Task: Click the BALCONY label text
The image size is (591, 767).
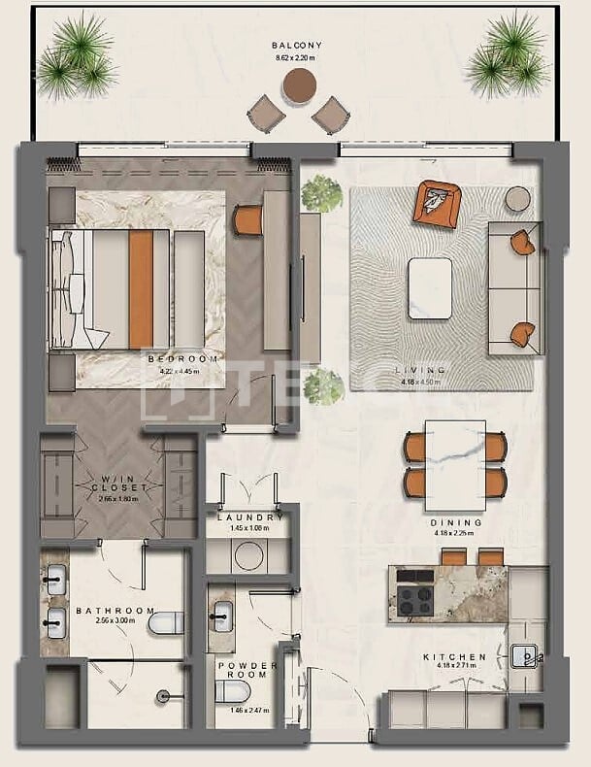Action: pyautogui.click(x=296, y=46)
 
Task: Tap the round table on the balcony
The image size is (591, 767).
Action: pyautogui.click(x=296, y=86)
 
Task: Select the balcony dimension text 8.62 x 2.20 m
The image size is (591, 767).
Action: pyautogui.click(x=296, y=58)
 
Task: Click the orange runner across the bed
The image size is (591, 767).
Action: pyautogui.click(x=141, y=288)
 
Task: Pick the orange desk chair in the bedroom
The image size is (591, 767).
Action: pyautogui.click(x=248, y=219)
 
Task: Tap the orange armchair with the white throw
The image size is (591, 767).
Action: pyautogui.click(x=437, y=205)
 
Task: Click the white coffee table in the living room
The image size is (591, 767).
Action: pyautogui.click(x=430, y=287)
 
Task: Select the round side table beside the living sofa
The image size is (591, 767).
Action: pyautogui.click(x=518, y=198)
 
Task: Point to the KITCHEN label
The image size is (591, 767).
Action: pyautogui.click(x=454, y=657)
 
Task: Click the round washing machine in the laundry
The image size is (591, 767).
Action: pyautogui.click(x=249, y=554)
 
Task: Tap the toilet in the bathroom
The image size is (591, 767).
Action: pyautogui.click(x=167, y=621)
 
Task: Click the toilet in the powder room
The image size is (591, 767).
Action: pyautogui.click(x=232, y=691)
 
